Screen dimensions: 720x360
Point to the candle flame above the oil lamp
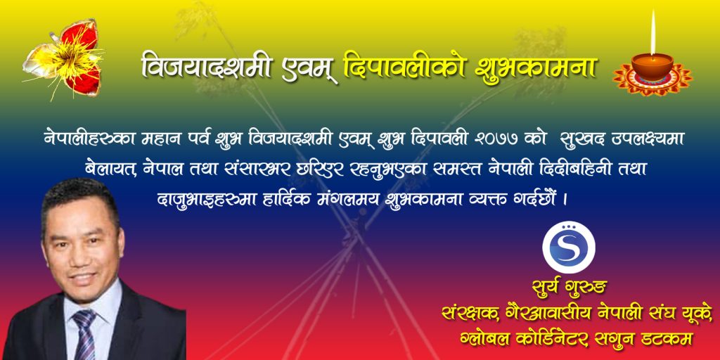(652, 33)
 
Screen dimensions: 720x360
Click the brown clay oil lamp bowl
(652, 65)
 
